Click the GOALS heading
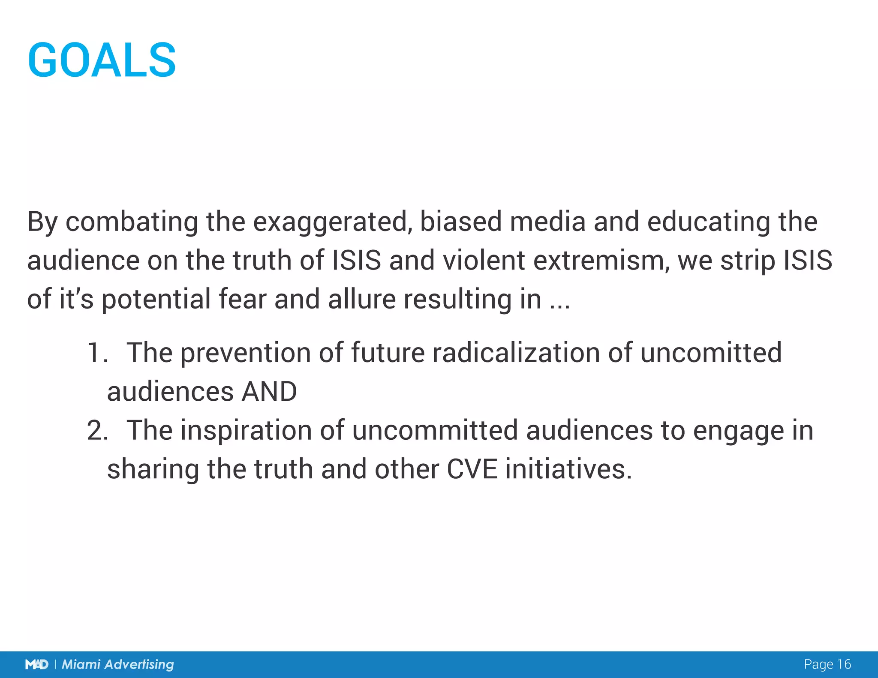pos(102,60)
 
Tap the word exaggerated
pos(330,222)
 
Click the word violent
pos(484,261)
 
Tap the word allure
pos(362,299)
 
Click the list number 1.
pos(96,353)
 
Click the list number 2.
pos(97,431)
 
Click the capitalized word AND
pos(269,392)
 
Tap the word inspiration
pos(246,431)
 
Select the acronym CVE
pos(472,469)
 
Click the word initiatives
pos(568,469)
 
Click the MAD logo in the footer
pos(37,664)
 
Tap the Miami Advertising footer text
pos(118,664)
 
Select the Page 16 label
pos(827,664)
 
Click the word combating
pos(132,222)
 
